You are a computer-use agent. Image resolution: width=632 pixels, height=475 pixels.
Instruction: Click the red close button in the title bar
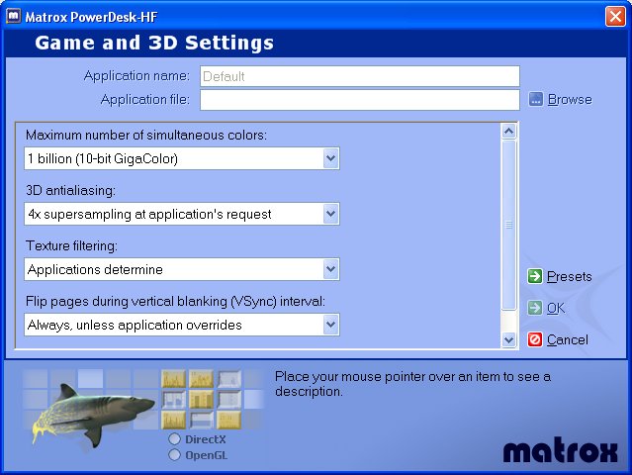click(x=615, y=17)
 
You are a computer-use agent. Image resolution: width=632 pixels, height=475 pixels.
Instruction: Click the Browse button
click(x=560, y=99)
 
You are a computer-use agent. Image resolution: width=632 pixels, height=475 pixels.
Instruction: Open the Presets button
click(x=560, y=276)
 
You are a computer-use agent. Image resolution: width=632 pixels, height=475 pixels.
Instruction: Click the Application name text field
click(x=360, y=76)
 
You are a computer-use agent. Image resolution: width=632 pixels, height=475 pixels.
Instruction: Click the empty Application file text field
click(x=360, y=100)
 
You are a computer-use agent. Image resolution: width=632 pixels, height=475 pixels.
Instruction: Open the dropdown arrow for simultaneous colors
click(x=330, y=158)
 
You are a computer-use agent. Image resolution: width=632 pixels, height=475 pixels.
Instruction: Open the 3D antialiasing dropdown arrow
click(x=330, y=214)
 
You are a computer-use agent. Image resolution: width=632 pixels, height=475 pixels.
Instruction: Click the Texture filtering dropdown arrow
click(x=330, y=269)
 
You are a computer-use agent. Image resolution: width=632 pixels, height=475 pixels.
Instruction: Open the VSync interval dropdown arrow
click(x=330, y=325)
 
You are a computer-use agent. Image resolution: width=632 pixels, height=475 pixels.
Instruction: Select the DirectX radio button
click(x=174, y=438)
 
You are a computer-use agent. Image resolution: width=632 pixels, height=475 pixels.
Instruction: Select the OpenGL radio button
click(x=174, y=455)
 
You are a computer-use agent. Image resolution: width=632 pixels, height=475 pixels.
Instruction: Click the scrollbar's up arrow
click(x=508, y=131)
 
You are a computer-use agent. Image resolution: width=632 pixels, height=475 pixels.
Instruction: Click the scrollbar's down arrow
click(x=508, y=339)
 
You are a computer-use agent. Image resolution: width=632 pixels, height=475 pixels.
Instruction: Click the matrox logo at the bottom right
click(x=560, y=451)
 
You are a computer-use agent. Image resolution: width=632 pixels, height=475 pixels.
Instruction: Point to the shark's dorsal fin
click(x=66, y=392)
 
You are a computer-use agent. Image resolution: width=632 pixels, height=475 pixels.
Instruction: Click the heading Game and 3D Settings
click(x=154, y=43)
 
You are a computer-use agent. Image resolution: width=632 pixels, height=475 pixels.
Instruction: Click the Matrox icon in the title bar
click(x=14, y=16)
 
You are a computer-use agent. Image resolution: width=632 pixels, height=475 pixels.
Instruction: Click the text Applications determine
click(x=95, y=269)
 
